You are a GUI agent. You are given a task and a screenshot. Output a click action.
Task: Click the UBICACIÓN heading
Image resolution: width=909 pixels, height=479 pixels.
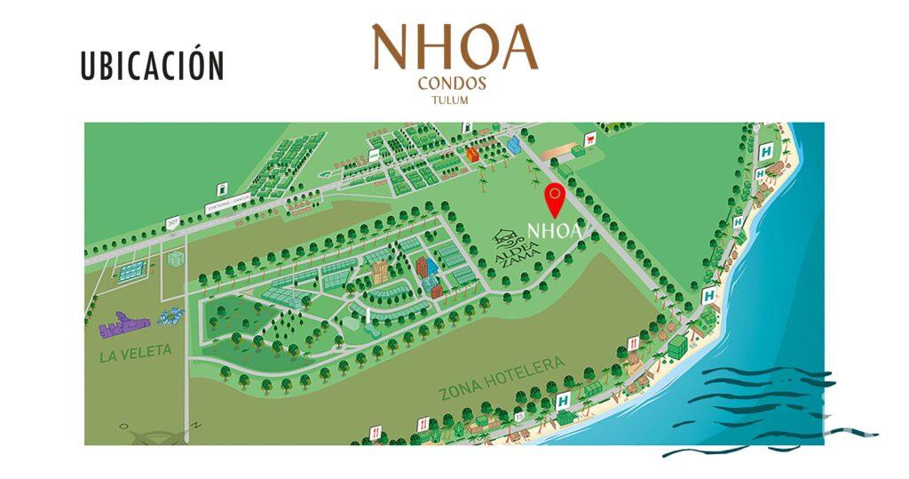(152, 67)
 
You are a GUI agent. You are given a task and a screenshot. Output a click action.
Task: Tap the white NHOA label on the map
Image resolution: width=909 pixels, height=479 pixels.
(554, 231)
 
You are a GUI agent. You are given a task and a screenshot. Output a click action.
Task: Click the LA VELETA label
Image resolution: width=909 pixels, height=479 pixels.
(136, 351)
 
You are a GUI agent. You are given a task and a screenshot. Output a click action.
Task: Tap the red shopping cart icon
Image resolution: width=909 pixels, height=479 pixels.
(589, 139)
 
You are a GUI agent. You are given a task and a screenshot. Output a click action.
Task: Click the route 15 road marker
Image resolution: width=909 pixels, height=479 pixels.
(518, 416)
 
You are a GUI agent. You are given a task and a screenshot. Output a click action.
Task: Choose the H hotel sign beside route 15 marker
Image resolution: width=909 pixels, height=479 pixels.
(562, 401)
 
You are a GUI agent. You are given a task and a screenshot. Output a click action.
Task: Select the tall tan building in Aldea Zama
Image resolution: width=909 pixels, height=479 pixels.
(380, 272)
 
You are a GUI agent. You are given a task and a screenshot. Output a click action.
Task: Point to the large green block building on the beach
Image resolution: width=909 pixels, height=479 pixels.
(678, 344)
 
